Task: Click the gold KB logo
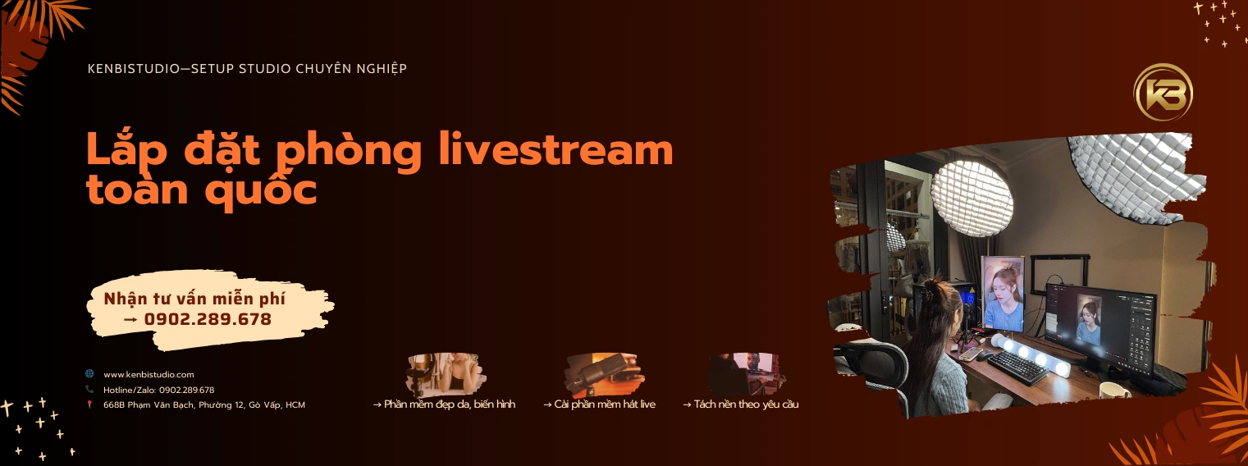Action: point(1163,93)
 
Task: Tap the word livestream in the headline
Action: point(556,149)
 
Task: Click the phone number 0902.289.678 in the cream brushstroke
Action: point(208,319)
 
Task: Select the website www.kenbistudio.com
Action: point(149,375)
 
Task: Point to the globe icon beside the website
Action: point(89,373)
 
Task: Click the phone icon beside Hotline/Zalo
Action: point(89,389)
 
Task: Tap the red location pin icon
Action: point(89,404)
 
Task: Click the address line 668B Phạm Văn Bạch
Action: point(204,404)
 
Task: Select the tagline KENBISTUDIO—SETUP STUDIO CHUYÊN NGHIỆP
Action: point(247,68)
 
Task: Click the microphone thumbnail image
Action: point(604,374)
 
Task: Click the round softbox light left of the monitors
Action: point(972,199)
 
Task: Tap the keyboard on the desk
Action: point(1018,368)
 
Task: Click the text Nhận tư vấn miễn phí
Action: point(194,299)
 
